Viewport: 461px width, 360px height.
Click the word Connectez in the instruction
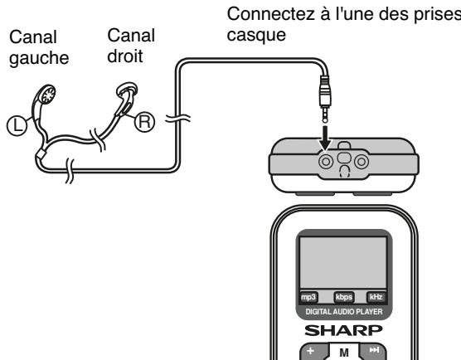coord(260,14)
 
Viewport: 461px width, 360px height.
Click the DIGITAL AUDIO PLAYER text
coord(343,312)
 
